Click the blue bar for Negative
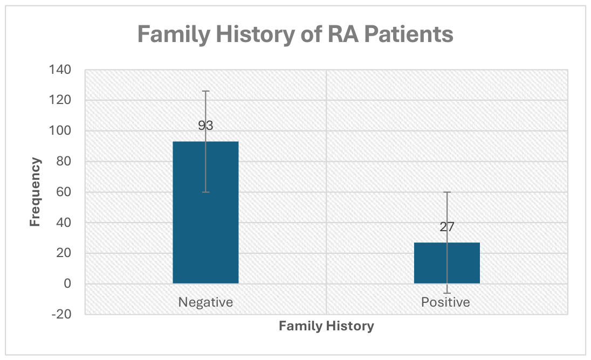[x=205, y=212]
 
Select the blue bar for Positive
[x=446, y=263]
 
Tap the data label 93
[x=205, y=126]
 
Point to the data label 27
[x=446, y=227]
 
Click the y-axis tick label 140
[x=60, y=70]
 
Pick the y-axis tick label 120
[x=60, y=100]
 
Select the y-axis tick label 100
[x=60, y=130]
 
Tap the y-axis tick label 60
[x=64, y=192]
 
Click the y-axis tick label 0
[x=67, y=283]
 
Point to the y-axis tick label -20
[x=61, y=314]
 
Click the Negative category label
[x=205, y=302]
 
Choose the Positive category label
[x=445, y=302]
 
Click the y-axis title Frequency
[x=35, y=192]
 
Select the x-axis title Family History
[x=326, y=326]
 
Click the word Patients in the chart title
[x=409, y=34]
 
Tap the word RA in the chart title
[x=343, y=34]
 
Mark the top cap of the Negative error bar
[x=205, y=91]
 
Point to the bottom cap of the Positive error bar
[x=446, y=293]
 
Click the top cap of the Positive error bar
[x=446, y=192]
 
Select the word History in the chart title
[x=256, y=34]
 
